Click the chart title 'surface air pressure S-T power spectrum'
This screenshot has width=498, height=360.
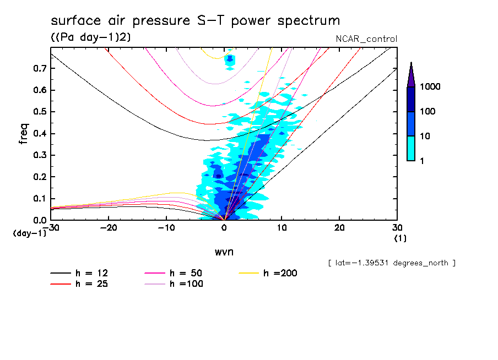click(195, 21)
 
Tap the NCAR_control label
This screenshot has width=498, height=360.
click(366, 39)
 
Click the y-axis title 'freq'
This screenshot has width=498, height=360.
click(23, 133)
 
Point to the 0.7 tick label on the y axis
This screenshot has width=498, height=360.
click(39, 68)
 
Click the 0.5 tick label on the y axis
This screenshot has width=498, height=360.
click(39, 112)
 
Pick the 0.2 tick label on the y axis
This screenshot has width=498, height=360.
click(39, 177)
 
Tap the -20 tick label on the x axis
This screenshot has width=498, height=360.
click(109, 227)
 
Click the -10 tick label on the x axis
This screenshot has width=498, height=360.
click(166, 227)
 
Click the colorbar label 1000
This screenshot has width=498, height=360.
click(431, 87)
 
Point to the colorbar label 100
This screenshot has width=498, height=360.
click(429, 112)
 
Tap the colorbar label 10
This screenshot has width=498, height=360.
click(426, 136)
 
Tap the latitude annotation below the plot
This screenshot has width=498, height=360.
click(391, 263)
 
